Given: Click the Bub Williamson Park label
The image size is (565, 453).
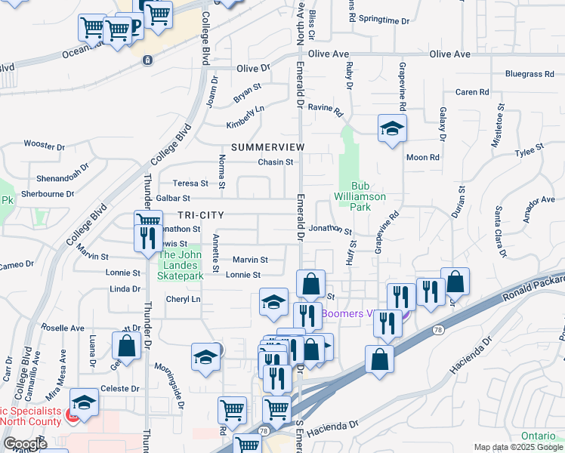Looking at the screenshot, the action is (360, 196).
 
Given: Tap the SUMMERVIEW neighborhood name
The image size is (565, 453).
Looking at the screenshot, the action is (267, 146).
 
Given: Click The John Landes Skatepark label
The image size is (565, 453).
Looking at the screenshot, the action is (181, 265).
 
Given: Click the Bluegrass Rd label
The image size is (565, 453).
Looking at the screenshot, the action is (529, 74).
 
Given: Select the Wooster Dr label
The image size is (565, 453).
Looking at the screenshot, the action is (44, 144).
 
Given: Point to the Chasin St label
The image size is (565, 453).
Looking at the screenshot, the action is (275, 162).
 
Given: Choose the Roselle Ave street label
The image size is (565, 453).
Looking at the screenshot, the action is (64, 328).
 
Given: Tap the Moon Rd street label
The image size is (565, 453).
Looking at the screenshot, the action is (423, 157).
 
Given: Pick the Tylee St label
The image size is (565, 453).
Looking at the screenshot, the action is (529, 151).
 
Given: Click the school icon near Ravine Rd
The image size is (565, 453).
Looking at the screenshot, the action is (392, 128).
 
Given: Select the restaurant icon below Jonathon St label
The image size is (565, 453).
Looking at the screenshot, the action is (145, 238).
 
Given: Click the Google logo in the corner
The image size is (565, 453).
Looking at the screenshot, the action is (24, 444).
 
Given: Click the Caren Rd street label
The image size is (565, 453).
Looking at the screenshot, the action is (472, 92).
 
